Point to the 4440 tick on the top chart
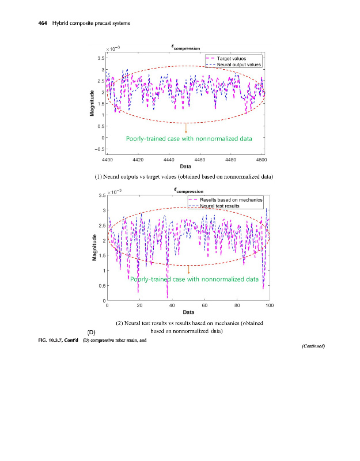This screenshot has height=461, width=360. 169,158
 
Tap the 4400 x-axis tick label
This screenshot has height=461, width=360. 107,158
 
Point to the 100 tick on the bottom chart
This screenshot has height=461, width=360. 269,306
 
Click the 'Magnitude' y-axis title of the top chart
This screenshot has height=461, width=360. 92,104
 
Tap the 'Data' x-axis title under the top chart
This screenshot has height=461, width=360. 185,167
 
